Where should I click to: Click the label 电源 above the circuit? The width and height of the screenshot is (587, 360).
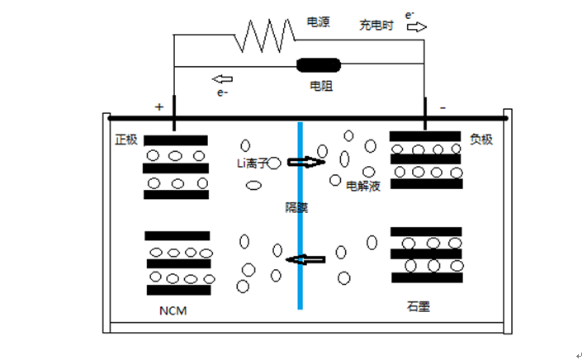[318, 23]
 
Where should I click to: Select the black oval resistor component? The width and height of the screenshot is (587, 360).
[320, 65]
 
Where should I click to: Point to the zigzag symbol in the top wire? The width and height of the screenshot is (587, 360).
[264, 35]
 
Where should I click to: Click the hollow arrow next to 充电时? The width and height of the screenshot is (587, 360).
[416, 27]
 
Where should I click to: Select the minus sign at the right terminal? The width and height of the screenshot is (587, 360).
[443, 107]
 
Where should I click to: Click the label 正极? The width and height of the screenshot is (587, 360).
[125, 139]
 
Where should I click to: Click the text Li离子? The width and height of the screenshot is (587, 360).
[251, 163]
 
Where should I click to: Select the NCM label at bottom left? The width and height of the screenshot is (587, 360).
[174, 312]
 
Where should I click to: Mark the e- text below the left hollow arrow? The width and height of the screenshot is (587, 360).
[222, 93]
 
